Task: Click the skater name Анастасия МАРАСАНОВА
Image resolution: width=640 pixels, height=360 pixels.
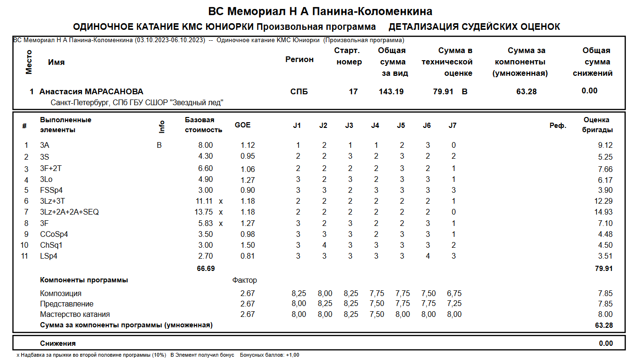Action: pyautogui.click(x=91, y=91)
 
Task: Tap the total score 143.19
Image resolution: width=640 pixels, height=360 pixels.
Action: pyautogui.click(x=391, y=91)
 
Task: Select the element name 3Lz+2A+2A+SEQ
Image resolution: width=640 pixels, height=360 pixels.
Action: pyautogui.click(x=69, y=212)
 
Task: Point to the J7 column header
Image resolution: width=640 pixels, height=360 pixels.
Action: pyautogui.click(x=452, y=126)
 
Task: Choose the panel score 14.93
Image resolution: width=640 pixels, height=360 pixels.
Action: pyautogui.click(x=604, y=212)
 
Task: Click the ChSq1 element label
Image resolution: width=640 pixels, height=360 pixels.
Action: pyautogui.click(x=51, y=245)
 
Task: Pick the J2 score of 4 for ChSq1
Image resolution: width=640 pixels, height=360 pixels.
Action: pyautogui.click(x=324, y=245)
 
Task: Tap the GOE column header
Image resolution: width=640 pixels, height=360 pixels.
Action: pyautogui.click(x=243, y=125)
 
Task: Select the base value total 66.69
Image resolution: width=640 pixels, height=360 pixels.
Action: pyautogui.click(x=206, y=268)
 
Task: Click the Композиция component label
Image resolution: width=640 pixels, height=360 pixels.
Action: pyautogui.click(x=61, y=293)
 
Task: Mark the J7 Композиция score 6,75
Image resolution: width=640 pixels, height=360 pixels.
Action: pyautogui.click(x=454, y=293)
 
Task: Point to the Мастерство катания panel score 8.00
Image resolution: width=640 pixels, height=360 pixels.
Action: pyautogui.click(x=605, y=314)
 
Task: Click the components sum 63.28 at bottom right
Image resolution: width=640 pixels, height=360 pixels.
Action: pyautogui.click(x=604, y=325)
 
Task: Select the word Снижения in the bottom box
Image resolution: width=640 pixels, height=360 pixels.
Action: pyautogui.click(x=58, y=343)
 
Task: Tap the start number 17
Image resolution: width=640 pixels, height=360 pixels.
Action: pyautogui.click(x=353, y=91)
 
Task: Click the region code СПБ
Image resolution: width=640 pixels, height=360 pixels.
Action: pyautogui.click(x=299, y=91)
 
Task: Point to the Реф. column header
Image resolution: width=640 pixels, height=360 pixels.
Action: pyautogui.click(x=558, y=126)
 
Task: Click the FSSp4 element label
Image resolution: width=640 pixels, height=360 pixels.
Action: pyautogui.click(x=51, y=190)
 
